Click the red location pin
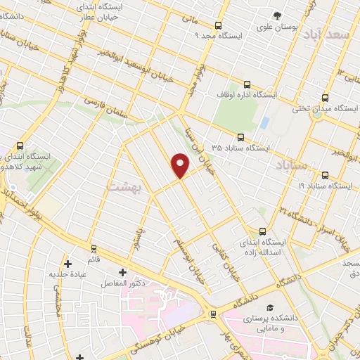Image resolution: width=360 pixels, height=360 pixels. click(x=181, y=165)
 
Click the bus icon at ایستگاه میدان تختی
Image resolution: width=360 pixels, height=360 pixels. click(x=324, y=98)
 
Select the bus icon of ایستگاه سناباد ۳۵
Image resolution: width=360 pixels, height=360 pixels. click(x=241, y=137)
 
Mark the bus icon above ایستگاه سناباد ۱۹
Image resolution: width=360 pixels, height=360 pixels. click(x=324, y=175)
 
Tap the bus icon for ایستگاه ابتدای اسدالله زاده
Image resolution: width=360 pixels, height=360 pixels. click(x=263, y=231)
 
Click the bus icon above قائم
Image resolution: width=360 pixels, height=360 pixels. click(x=94, y=249)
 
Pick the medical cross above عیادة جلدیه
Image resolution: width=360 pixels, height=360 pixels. click(x=67, y=264)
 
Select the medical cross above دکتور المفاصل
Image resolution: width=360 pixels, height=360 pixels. click(x=123, y=271)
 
